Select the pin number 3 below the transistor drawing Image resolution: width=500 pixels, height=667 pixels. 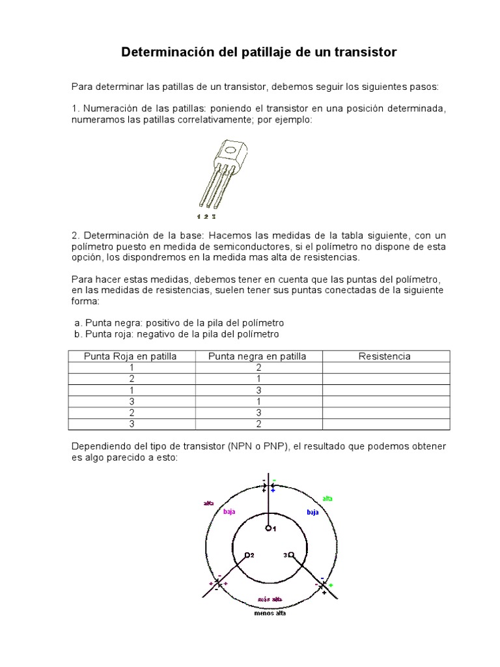213,215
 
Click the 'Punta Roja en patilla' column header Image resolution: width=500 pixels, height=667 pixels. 130,356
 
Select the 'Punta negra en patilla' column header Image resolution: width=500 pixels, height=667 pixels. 257,356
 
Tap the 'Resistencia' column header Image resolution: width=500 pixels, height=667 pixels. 385,356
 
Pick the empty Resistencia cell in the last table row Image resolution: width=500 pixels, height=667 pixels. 385,424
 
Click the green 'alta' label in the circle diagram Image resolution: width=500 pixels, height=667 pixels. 327,498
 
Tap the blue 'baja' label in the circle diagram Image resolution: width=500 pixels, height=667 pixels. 312,513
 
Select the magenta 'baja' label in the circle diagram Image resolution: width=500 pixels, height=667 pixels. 229,512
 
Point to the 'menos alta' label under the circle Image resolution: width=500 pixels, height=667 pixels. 269,613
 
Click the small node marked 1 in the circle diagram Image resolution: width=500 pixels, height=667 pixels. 268,529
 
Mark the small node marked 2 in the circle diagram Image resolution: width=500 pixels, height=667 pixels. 247,556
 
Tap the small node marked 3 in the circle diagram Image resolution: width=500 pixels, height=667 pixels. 290,556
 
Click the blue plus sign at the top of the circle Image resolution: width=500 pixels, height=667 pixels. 273,489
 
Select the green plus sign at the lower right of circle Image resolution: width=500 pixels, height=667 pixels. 330,586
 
